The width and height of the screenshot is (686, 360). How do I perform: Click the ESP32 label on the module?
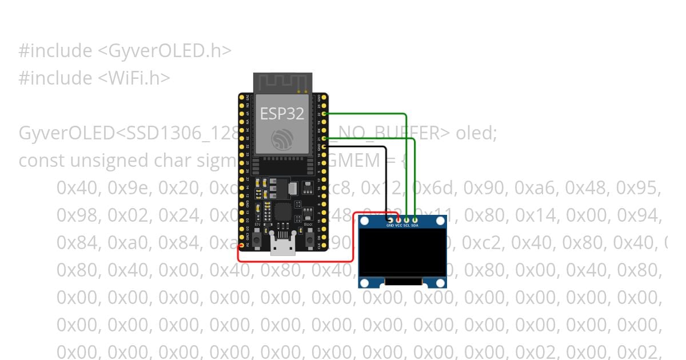point(282,113)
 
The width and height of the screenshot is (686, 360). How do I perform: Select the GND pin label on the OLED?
point(390,226)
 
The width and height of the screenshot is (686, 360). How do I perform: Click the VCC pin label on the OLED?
point(398,226)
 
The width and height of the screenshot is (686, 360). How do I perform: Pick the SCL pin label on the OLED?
point(406,226)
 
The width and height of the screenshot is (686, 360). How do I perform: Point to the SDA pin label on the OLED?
point(415,226)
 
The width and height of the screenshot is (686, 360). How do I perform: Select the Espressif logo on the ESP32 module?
point(282,139)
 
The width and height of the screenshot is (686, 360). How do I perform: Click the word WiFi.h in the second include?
point(134,78)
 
